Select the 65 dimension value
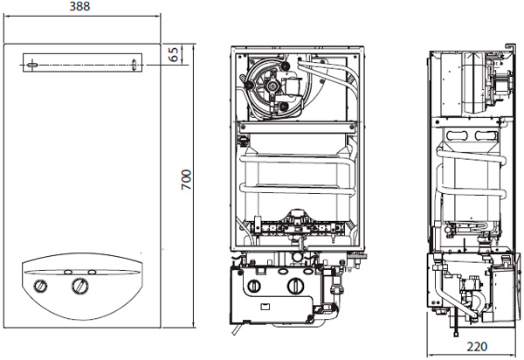point(174,54)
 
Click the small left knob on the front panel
point(42,287)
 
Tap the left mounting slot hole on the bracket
point(32,63)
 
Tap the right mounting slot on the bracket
point(134,64)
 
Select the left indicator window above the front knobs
point(68,271)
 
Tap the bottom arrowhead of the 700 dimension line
point(193,336)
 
